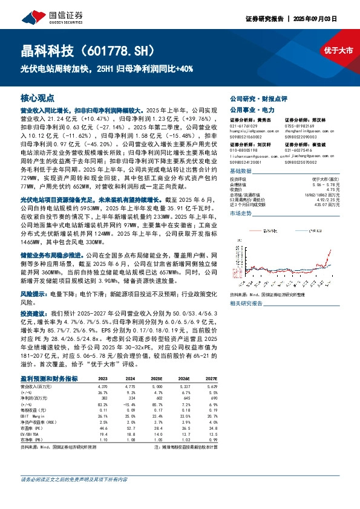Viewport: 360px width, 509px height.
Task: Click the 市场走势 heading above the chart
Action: [242, 214]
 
